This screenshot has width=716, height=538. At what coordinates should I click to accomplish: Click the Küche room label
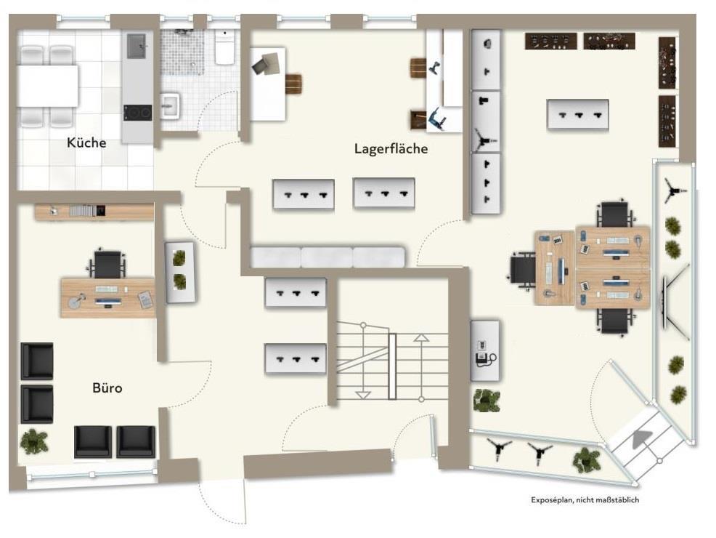click(86, 142)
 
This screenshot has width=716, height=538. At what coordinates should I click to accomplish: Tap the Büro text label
click(107, 388)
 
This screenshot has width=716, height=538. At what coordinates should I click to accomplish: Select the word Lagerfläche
click(391, 148)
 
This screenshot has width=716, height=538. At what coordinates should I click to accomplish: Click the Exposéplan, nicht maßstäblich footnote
click(585, 500)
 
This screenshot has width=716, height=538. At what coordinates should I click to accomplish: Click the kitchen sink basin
click(137, 47)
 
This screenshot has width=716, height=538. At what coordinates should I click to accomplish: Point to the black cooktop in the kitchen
click(137, 113)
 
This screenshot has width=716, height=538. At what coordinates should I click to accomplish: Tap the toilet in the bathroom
click(224, 47)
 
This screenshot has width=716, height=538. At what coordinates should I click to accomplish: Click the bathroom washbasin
click(170, 105)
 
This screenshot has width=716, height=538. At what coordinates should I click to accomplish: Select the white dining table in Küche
click(47, 86)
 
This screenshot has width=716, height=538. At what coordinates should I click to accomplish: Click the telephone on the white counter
click(484, 353)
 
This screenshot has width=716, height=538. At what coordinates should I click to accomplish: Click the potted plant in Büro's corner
click(34, 441)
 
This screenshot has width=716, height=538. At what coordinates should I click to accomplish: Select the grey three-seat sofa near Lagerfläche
click(328, 257)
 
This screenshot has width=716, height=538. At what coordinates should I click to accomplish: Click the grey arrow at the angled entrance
click(642, 439)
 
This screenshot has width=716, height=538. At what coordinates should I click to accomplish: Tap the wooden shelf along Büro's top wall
click(94, 211)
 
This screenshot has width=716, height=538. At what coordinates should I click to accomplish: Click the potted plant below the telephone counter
click(487, 401)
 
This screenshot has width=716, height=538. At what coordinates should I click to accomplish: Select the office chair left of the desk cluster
click(522, 270)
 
